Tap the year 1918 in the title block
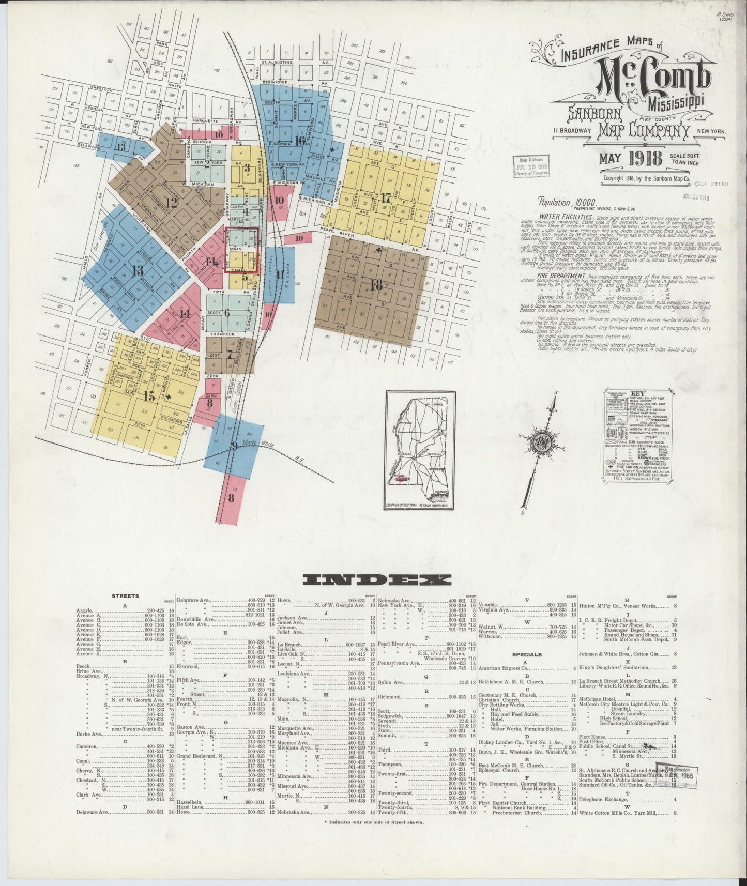coord(643,159)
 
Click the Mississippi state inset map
coord(419,450)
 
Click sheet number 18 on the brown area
coord(376,285)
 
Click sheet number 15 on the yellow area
coord(149,396)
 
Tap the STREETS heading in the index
coord(125,596)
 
